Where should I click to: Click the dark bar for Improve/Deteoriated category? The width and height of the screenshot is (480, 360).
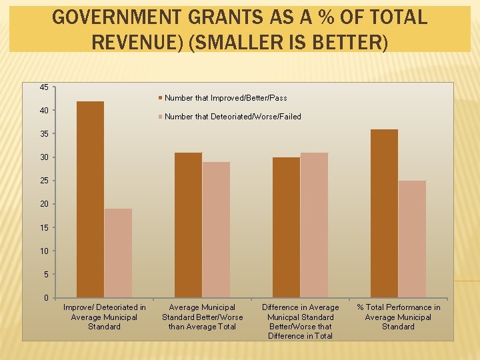tap(91, 199)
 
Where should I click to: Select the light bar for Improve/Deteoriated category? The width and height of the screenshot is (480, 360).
tap(118, 253)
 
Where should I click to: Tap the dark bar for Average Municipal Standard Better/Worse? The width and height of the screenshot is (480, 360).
tap(188, 225)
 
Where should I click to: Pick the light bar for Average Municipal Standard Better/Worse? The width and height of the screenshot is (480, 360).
tap(216, 229)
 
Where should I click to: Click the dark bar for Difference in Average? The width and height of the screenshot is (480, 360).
tap(286, 227)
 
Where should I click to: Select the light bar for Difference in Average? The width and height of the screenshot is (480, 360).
tap(314, 225)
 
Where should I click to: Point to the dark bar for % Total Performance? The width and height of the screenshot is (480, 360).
tap(384, 213)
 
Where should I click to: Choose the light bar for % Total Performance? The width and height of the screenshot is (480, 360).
tap(412, 239)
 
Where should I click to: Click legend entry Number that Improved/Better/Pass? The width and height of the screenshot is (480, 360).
tap(225, 98)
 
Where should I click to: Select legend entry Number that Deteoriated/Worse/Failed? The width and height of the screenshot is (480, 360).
tap(233, 117)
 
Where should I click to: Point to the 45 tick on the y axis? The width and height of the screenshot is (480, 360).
tap(43, 87)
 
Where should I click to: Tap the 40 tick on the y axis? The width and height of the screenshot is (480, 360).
tap(43, 110)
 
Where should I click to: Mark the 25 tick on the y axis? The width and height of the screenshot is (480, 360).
tap(43, 181)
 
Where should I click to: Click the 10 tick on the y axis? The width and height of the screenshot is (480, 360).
tap(43, 251)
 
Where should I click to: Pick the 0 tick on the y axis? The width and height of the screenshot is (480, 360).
tap(45, 297)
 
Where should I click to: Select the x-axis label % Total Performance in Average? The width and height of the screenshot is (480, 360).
tap(398, 317)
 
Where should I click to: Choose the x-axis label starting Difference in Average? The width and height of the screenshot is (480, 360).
tap(300, 321)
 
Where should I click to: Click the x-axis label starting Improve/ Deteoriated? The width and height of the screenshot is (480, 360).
tap(104, 317)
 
